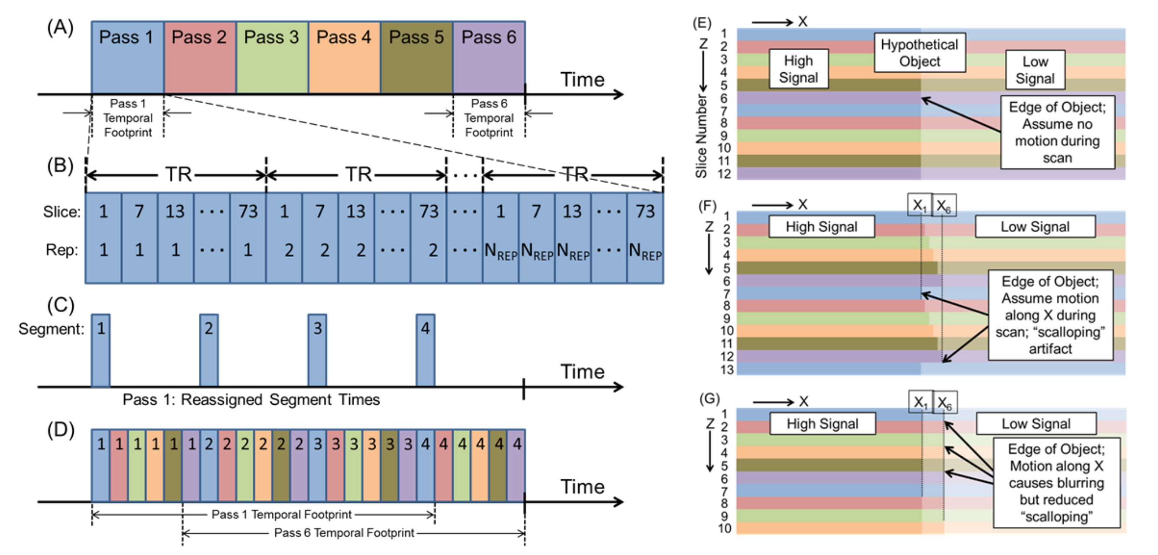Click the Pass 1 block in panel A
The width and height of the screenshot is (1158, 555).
coord(127,57)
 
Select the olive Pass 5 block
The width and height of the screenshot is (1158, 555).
coord(416,57)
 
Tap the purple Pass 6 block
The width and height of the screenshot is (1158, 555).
coord(489,57)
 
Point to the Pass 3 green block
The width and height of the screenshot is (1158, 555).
coord(272,57)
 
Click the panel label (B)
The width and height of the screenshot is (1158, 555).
coord(60,166)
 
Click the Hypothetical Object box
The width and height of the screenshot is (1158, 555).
coord(919,52)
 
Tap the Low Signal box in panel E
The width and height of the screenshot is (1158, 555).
coord(1035,70)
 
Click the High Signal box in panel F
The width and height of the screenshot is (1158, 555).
coord(821,226)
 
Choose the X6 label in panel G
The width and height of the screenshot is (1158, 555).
coord(945,402)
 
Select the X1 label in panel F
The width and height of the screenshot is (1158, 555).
coord(920,205)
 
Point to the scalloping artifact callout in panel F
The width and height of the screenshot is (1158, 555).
coord(1050,315)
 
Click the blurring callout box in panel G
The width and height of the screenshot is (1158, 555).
coord(1056,483)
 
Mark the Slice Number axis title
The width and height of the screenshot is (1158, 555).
coord(701,135)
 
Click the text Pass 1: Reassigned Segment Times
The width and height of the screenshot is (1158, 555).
coord(251,400)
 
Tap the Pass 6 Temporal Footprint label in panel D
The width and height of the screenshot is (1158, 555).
coord(344,533)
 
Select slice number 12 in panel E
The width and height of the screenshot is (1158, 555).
coord(724,174)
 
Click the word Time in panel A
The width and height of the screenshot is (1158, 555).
coord(582,80)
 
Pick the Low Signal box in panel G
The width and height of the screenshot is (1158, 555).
coord(1036,423)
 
